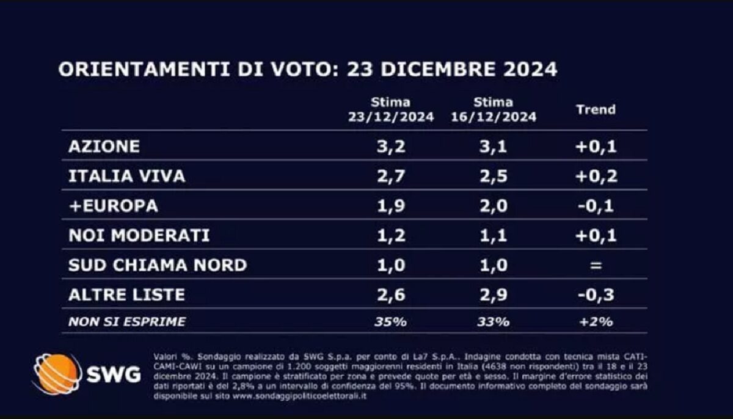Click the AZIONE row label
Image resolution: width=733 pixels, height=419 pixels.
point(104,147)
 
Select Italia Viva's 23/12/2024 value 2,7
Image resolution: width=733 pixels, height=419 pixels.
point(391,177)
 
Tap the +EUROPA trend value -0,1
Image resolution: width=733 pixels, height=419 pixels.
point(595,206)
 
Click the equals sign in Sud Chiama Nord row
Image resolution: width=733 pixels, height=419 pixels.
point(596,265)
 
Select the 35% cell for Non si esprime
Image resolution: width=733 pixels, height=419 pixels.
point(391,321)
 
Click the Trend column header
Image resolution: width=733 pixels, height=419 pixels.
point(596,110)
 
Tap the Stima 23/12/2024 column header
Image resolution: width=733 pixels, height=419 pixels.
point(391,110)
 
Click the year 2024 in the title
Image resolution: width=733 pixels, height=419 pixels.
point(528,69)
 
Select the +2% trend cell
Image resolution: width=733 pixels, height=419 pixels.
point(596,321)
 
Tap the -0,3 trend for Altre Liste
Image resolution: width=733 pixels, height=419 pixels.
point(596,294)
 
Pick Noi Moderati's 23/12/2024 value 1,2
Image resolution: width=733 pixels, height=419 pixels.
point(391,235)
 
